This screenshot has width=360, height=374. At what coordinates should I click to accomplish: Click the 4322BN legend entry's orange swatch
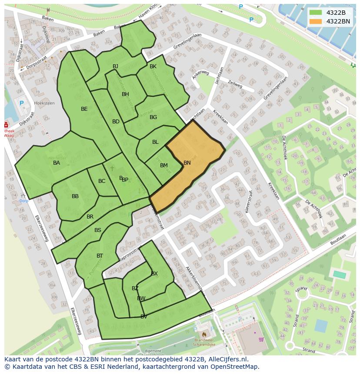pos(316,21)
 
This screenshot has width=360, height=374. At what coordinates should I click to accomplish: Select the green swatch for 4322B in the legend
pos(316,13)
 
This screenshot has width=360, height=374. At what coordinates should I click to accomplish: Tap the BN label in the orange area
pos(187,163)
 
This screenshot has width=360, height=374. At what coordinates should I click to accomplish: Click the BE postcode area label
pos(84,109)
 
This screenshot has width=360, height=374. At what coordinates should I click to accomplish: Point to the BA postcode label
pos(57,163)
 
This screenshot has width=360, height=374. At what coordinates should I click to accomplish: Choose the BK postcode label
pos(153,66)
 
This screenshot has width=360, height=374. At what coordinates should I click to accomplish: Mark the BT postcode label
pos(100,256)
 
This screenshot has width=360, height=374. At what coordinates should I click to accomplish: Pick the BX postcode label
pos(154,273)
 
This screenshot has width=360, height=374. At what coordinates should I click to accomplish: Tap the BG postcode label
pos(153,117)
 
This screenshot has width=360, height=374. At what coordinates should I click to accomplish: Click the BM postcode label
pos(164,165)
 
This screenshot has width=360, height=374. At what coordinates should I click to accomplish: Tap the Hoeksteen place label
pos(44,103)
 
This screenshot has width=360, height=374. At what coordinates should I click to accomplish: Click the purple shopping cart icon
pos(261,339)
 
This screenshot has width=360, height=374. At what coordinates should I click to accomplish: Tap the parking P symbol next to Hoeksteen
pos(22,103)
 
